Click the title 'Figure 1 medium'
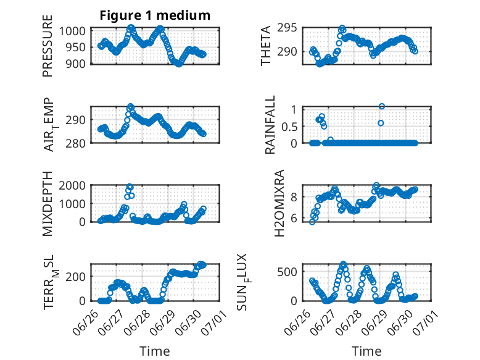155,15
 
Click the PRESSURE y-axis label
48,46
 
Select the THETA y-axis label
266,46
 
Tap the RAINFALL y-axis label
270,125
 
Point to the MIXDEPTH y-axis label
48,203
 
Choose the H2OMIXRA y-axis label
279,203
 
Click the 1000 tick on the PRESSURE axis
72,31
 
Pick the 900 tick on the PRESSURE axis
76,64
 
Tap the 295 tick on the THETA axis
287,28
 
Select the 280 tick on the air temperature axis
76,143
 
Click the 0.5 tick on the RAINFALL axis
289,127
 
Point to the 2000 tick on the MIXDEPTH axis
72,185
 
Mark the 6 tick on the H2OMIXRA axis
294,218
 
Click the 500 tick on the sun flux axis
287,272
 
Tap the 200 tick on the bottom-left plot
76,277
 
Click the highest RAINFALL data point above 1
381,106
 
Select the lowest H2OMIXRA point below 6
312,222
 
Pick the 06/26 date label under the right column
297,324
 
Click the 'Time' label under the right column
366,351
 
